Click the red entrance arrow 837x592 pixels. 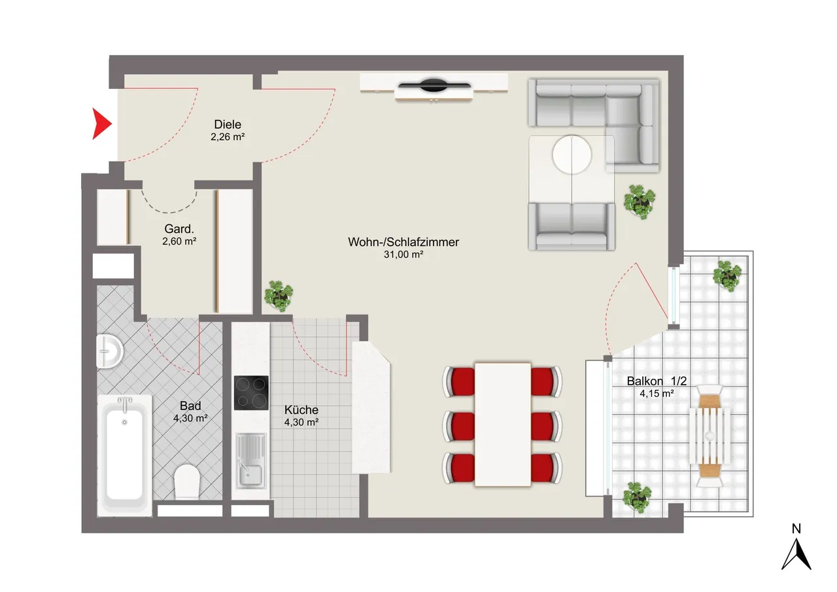point(101,124)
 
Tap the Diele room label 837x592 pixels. point(227,124)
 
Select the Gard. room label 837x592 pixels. point(179,229)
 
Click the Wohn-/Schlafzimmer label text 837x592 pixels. point(403,242)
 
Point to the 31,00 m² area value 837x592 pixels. point(403,254)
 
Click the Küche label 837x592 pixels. point(301,409)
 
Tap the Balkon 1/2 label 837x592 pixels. point(657,381)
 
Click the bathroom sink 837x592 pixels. point(109,351)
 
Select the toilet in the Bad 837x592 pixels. point(187,481)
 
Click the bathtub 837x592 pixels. point(125,456)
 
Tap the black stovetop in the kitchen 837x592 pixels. point(251,392)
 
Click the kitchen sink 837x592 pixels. point(251,461)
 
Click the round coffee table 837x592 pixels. point(572,155)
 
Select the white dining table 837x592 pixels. point(503,425)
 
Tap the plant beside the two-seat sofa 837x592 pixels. point(640,202)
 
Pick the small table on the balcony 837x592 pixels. point(709,436)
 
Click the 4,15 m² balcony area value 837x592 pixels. point(657,394)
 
